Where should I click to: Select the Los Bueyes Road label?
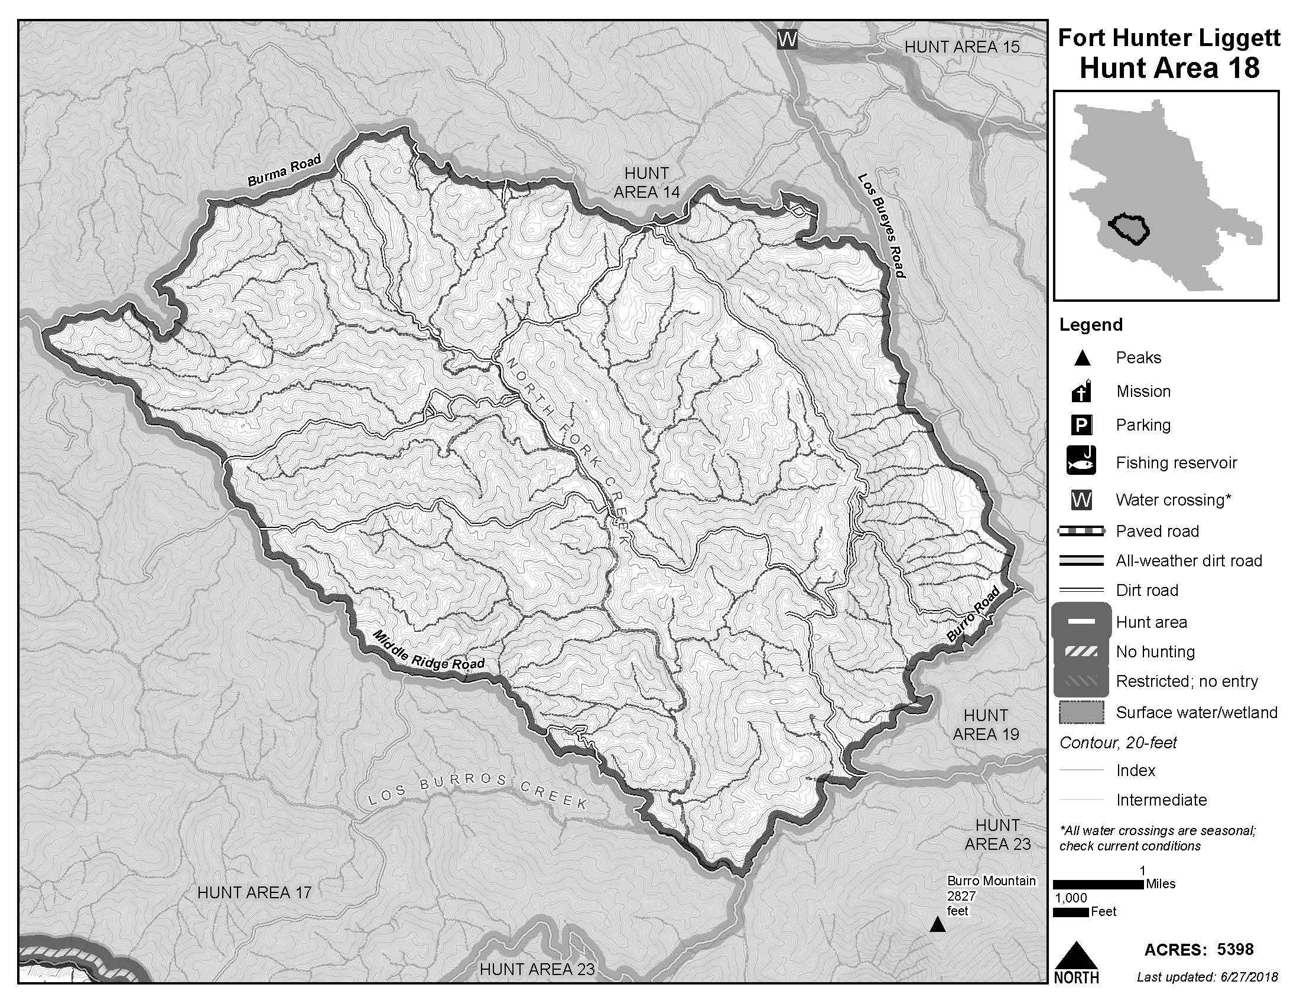tap(881, 226)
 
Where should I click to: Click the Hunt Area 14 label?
tap(646, 182)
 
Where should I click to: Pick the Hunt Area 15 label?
tap(962, 47)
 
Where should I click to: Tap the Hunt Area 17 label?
tap(254, 892)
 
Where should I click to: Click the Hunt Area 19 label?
tap(986, 725)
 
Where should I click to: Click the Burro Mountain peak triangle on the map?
tap(938, 925)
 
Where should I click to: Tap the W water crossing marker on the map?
tap(787, 40)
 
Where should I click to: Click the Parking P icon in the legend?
tap(1081, 425)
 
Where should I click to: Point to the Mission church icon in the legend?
tap(1081, 392)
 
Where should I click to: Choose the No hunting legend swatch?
tap(1081, 652)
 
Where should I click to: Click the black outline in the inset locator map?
tap(1129, 229)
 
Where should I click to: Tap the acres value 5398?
tap(1235, 950)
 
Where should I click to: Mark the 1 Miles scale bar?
tap(1098, 885)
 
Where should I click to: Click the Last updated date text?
tap(1207, 977)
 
